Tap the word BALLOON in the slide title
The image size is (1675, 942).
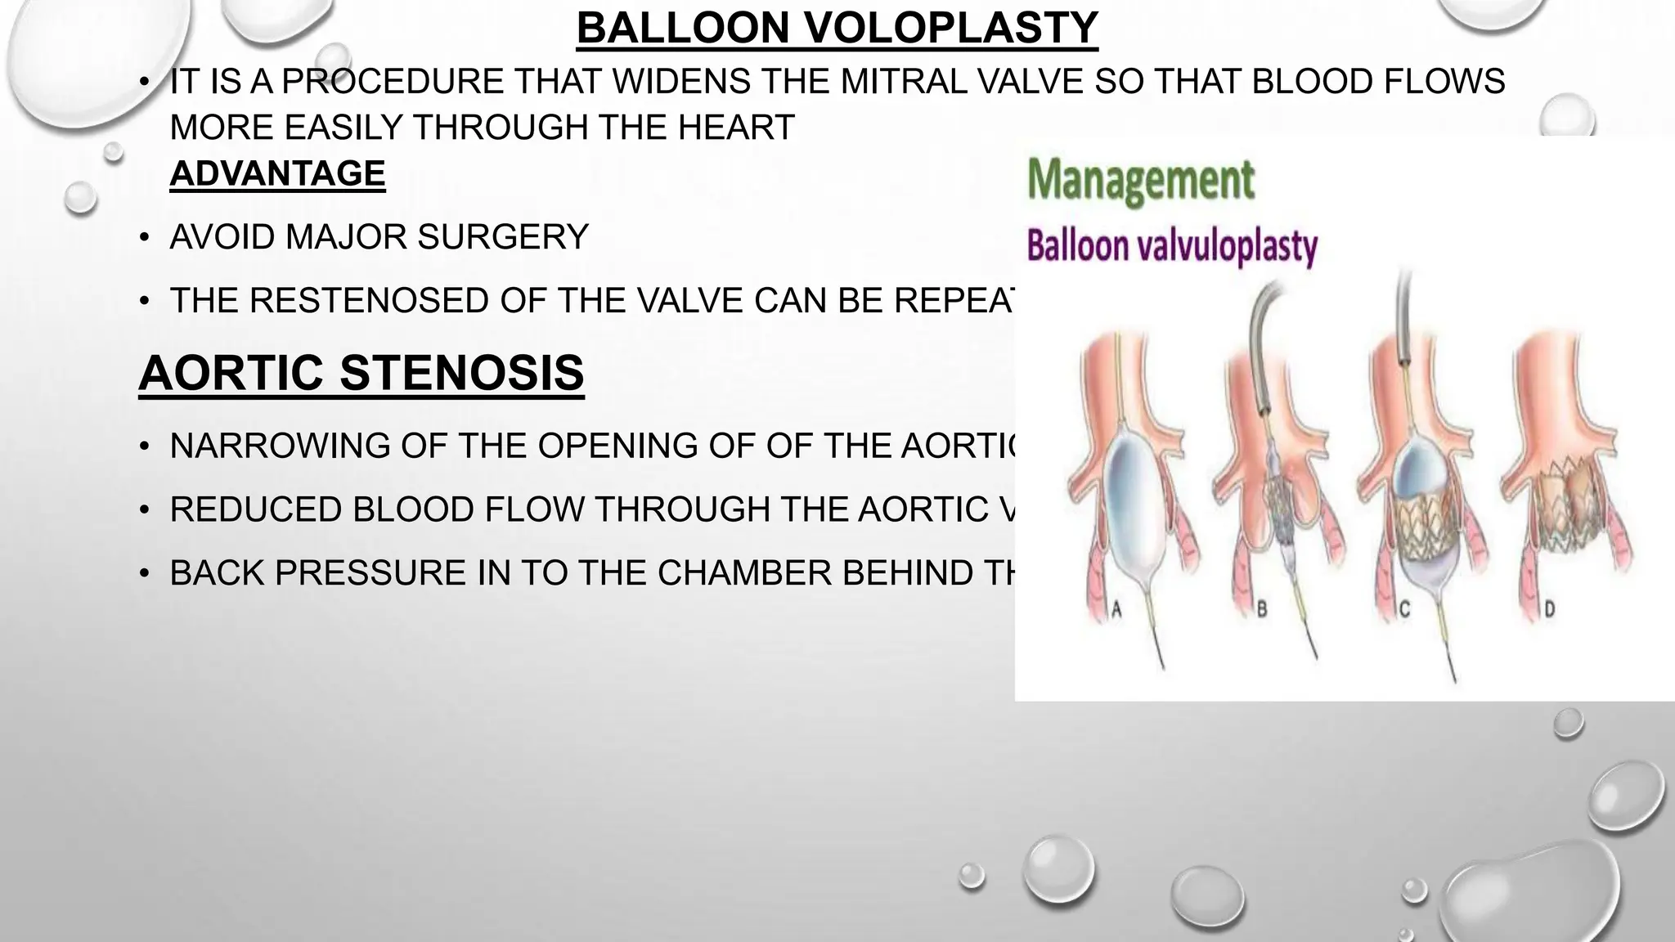pos(685,29)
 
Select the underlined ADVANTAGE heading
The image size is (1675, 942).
pos(277,173)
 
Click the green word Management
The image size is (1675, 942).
pos(1140,180)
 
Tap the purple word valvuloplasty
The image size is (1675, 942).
pos(1233,246)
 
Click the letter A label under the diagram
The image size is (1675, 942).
pos(1116,609)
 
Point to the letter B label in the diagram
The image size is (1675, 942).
pos(1261,609)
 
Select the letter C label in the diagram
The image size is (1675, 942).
pos(1405,609)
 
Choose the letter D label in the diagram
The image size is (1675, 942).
pos(1548,609)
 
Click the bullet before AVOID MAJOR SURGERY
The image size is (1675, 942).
pos(145,238)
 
